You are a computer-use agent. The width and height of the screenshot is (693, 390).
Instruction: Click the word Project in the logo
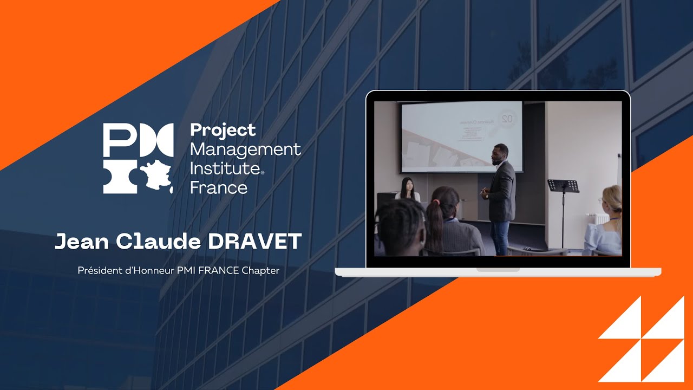point(223,131)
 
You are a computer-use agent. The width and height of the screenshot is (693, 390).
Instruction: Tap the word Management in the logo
point(245,149)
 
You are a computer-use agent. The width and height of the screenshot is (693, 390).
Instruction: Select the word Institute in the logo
point(225,168)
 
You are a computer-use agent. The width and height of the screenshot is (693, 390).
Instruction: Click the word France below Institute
point(219,187)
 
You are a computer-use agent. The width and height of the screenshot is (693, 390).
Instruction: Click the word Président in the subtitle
point(98,270)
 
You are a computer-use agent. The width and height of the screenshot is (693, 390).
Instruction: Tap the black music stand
point(563,186)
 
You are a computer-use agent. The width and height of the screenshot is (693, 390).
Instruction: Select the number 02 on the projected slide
point(506,118)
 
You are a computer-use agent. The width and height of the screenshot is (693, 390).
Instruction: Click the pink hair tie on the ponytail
point(436,203)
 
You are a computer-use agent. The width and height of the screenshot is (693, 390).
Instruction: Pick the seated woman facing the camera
point(407,190)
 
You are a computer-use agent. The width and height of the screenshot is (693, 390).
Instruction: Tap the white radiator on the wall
point(592,218)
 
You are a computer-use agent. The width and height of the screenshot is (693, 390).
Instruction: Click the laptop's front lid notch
point(498,269)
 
